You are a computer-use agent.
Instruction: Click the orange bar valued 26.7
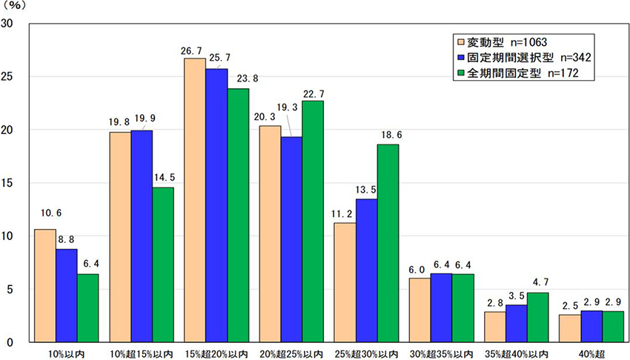pos(195,200)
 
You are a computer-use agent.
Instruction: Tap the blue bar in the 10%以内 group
pos(66,296)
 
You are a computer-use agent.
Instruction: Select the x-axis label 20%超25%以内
pos(291,353)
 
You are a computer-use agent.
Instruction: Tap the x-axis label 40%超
pos(590,353)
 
